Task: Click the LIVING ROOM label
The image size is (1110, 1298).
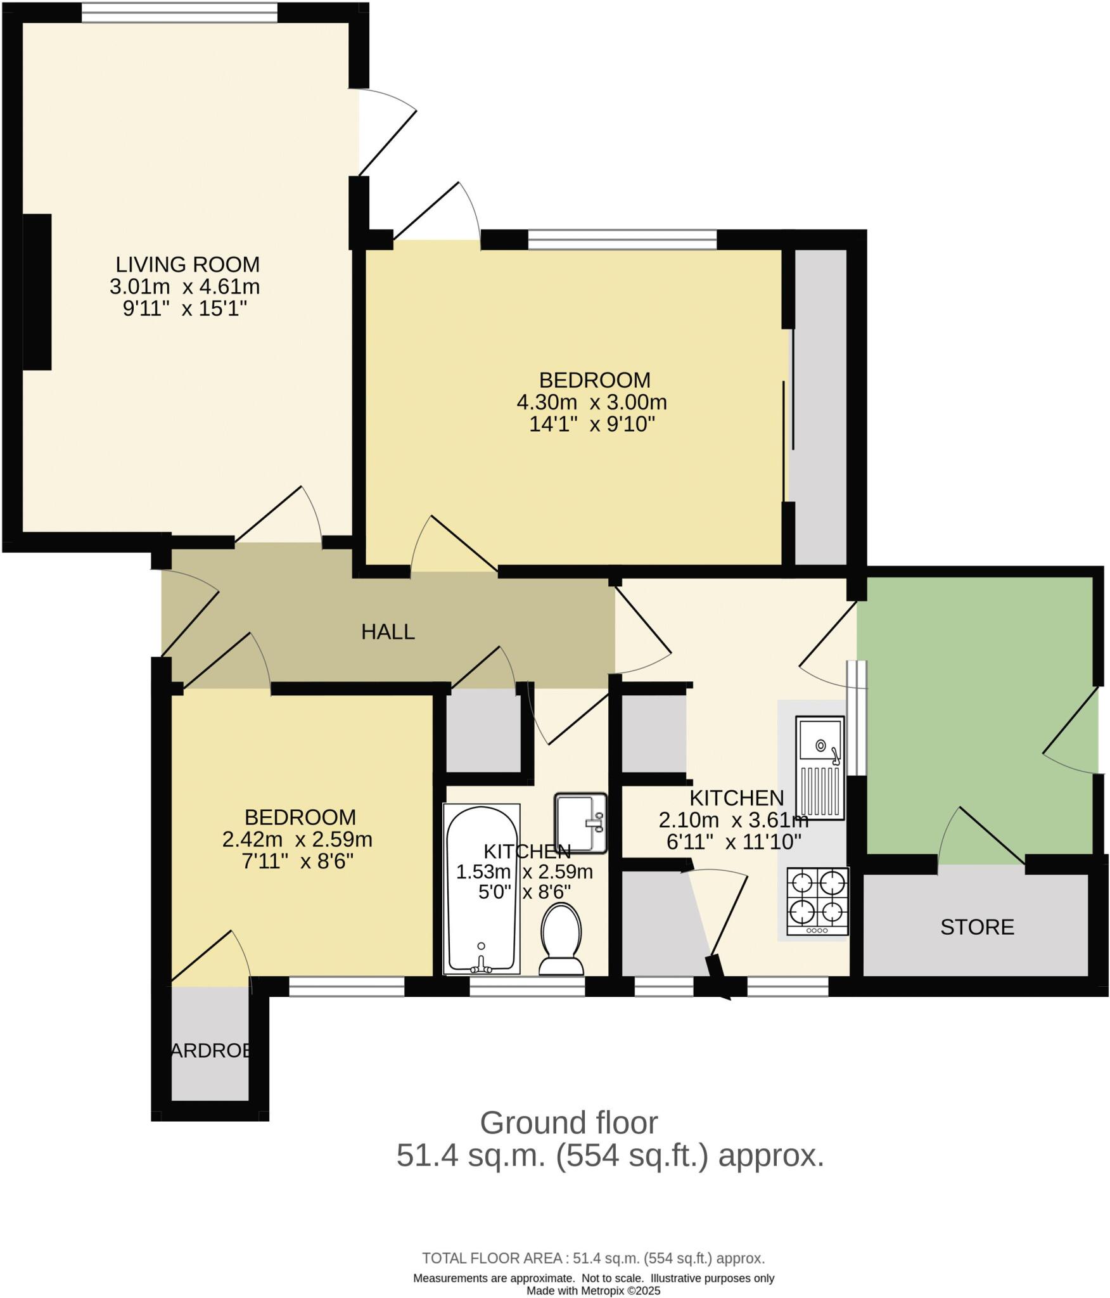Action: point(188,264)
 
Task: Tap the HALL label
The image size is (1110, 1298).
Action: point(388,632)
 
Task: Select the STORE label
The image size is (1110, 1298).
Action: point(977,927)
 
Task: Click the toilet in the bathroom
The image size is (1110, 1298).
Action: point(561,939)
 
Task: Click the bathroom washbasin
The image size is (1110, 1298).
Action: point(580,823)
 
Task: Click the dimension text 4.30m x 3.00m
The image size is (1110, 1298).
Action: point(592,402)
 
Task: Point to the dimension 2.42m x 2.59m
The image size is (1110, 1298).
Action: point(297,840)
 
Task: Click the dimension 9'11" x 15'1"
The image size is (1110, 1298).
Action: point(184,309)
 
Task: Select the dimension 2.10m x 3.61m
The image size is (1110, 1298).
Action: point(733,821)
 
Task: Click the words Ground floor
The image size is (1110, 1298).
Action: point(568,1123)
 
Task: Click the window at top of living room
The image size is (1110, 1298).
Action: point(179,12)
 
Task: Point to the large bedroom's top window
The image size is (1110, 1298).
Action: point(622,239)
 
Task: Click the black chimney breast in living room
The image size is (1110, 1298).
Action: point(37,292)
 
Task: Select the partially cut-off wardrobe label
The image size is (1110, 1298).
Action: point(210,1051)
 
